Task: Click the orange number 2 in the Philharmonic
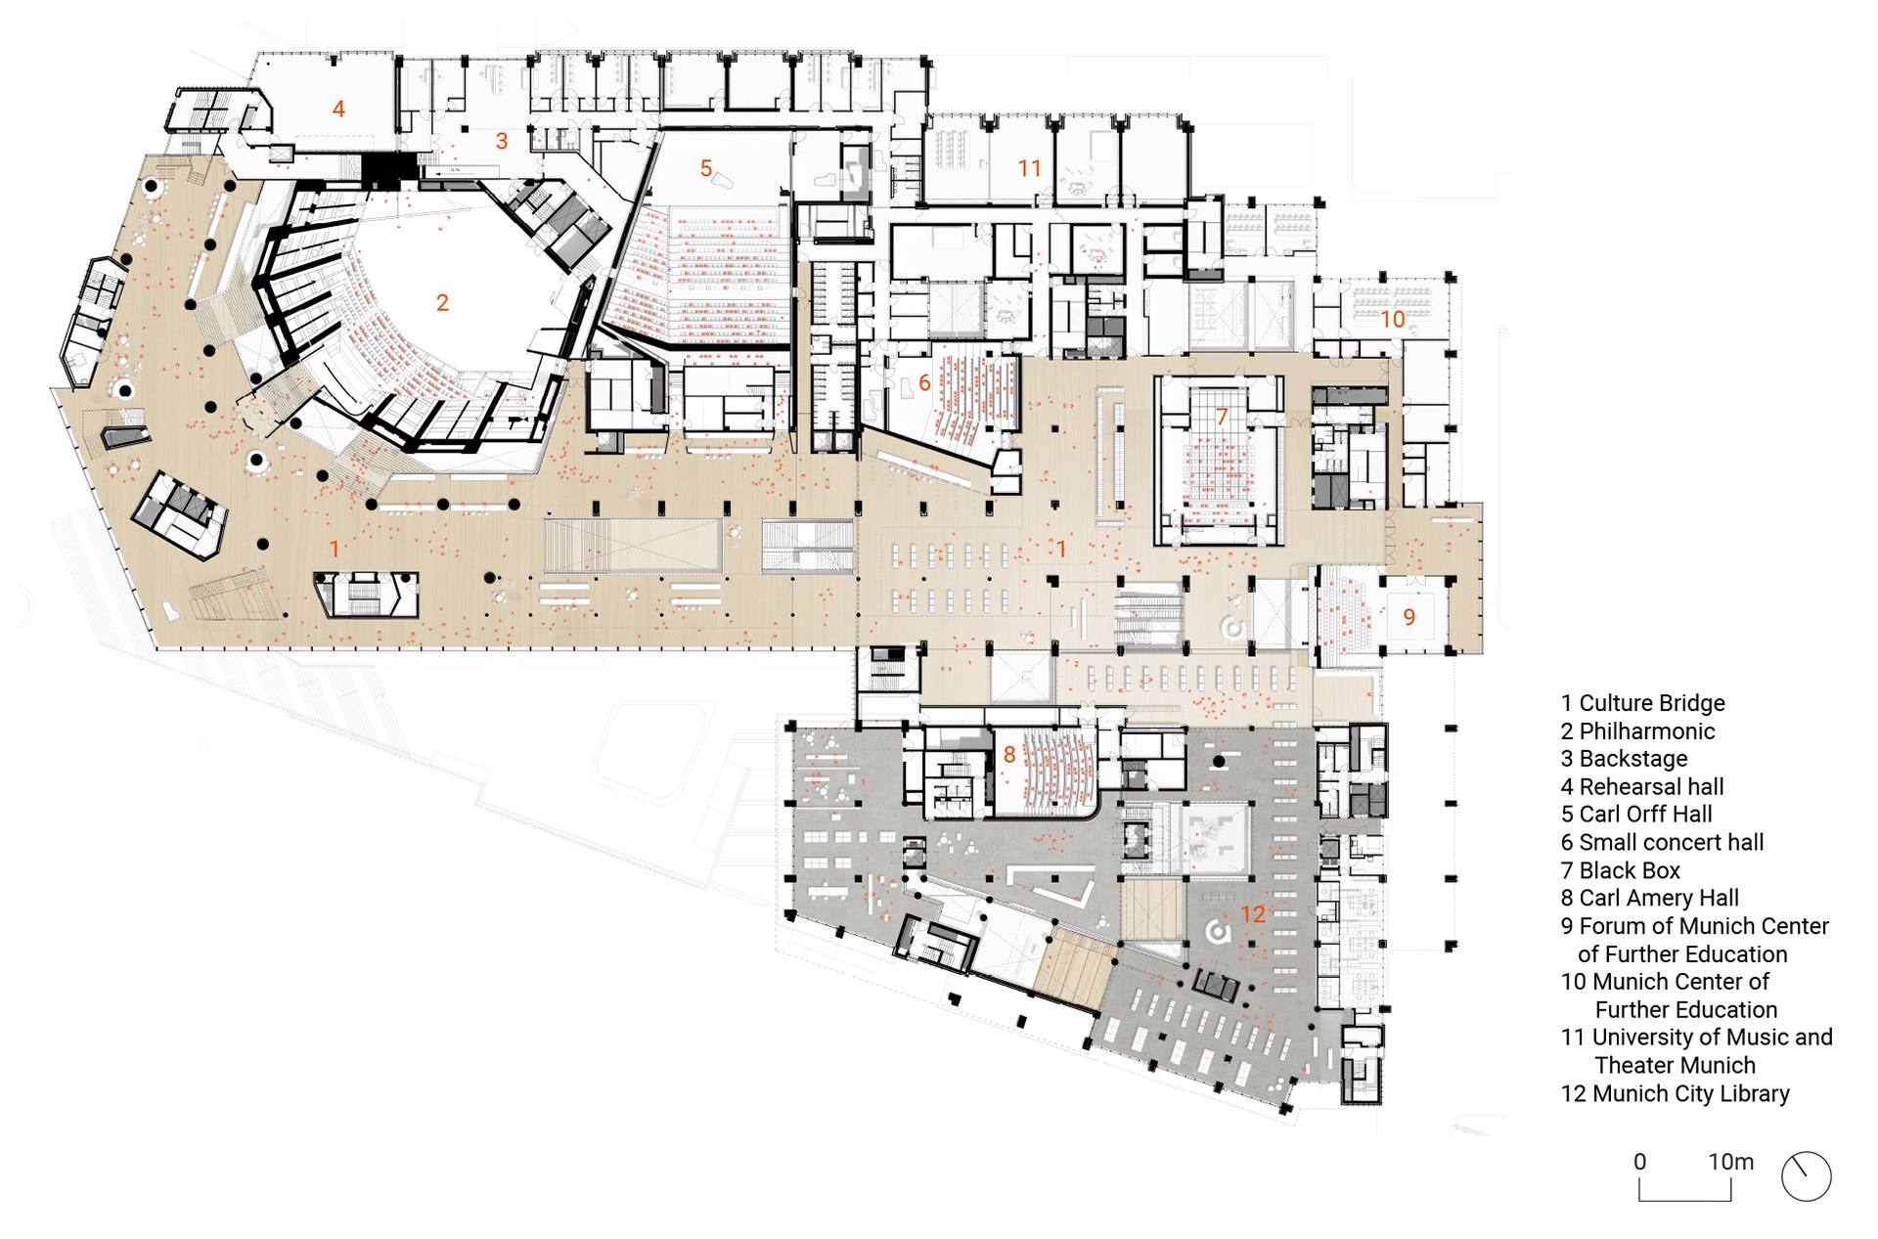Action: (442, 303)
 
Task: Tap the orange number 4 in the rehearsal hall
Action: (338, 109)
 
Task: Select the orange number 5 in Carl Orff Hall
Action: (705, 168)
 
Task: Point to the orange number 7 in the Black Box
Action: (1221, 417)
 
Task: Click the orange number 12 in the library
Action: (1253, 914)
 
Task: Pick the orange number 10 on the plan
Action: (1392, 319)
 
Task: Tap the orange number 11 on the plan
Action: (1029, 168)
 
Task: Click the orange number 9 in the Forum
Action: (1408, 617)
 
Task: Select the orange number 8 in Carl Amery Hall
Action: (1009, 755)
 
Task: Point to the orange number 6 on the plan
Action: (924, 383)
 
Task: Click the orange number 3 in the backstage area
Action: (502, 141)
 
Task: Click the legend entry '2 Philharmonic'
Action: (1637, 731)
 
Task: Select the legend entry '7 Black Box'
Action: (1620, 870)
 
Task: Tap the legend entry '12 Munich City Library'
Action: (1675, 1093)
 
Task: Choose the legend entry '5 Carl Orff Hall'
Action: (1636, 815)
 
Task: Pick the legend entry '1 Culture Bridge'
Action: (1642, 703)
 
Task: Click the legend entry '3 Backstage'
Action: (1624, 759)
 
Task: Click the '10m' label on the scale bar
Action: (1730, 1162)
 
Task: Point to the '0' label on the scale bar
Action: (1640, 1162)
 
